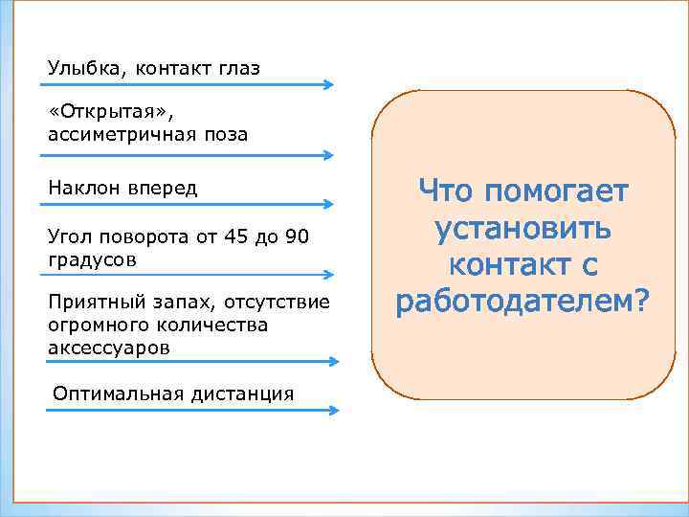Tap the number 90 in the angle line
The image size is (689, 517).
pos(298,236)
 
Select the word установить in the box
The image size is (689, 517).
pos(522,229)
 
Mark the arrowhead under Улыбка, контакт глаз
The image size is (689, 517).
pos(327,84)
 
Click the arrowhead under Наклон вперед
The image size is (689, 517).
pos(327,204)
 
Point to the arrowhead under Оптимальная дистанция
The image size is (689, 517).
pos(333,410)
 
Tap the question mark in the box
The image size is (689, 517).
pos(639,301)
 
